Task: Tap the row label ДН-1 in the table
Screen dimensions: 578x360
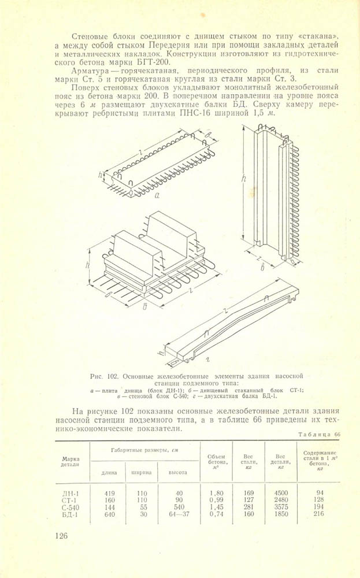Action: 71,493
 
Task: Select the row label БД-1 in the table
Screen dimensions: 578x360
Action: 71,514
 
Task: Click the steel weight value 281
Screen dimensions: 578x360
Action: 248,507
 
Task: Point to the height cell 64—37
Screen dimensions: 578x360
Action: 178,514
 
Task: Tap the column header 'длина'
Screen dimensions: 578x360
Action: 109,472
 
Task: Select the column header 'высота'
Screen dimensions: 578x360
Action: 177,472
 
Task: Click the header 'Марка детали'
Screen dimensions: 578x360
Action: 70,461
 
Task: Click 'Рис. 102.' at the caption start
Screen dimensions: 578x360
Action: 112,375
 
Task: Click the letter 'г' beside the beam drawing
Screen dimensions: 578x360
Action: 206,359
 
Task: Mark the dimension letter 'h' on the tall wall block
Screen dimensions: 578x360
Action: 244,180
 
